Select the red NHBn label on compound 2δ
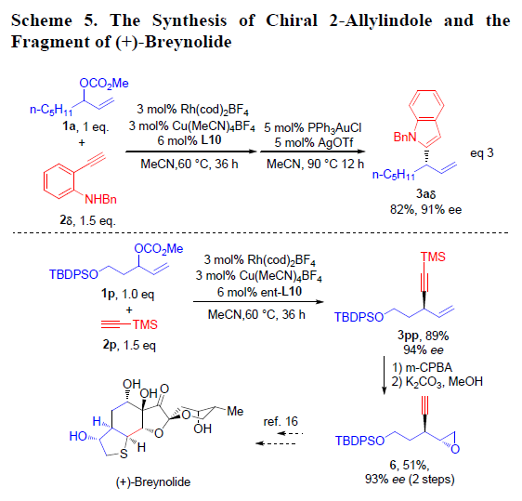(x=100, y=199)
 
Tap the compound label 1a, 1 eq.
(x=85, y=126)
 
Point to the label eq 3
(x=481, y=153)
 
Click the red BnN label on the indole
(x=405, y=137)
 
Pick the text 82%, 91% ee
(x=425, y=209)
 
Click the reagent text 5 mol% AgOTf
(x=313, y=142)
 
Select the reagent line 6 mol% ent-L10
(x=259, y=292)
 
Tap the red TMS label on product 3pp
(x=433, y=257)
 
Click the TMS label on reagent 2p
(x=145, y=324)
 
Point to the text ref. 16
(x=281, y=421)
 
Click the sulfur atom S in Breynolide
(x=124, y=454)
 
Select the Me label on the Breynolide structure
(x=235, y=412)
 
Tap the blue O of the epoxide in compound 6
(x=455, y=449)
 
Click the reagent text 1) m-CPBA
(x=422, y=367)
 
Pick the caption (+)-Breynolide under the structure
(x=153, y=482)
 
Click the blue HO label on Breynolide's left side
(x=78, y=436)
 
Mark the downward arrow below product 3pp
(x=384, y=376)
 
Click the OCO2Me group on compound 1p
(x=159, y=248)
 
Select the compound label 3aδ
(x=425, y=193)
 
